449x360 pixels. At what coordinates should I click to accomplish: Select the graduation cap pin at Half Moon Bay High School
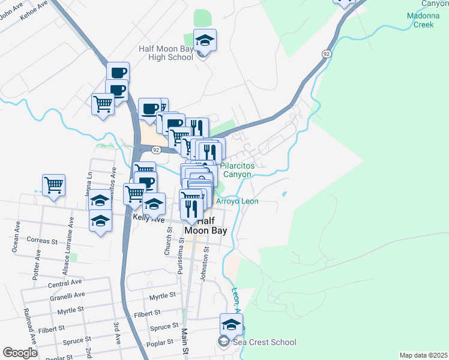click(205, 41)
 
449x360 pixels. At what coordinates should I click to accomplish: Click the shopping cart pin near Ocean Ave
click(53, 185)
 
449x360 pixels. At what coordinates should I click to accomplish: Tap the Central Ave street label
click(64, 282)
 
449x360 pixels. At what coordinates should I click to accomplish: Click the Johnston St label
click(206, 258)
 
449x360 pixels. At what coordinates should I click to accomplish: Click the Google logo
click(20, 352)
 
